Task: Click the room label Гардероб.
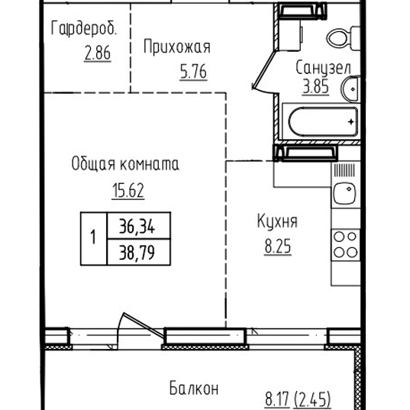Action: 84,29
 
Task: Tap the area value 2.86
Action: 98,55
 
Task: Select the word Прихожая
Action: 176,47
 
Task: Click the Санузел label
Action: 323,68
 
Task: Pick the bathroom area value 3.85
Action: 317,86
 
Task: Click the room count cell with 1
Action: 93,238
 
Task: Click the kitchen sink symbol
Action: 345,194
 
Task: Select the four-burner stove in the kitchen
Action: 345,244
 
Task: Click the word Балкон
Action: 194,389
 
